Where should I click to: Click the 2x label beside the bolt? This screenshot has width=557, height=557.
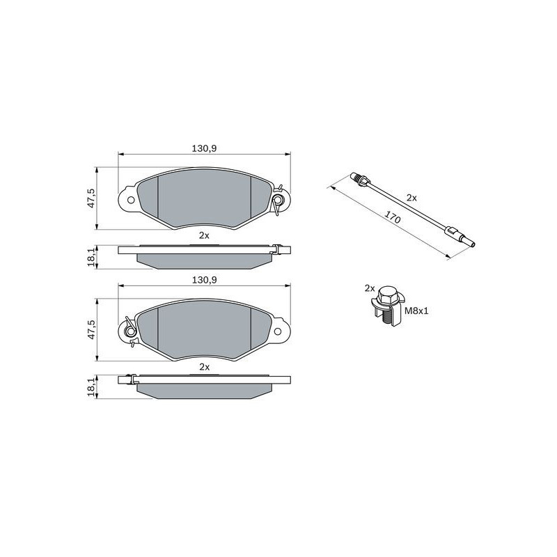click(369, 288)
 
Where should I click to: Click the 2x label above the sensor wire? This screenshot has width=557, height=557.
click(411, 198)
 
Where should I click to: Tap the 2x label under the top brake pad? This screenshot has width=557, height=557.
click(204, 235)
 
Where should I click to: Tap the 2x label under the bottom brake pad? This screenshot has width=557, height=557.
click(204, 366)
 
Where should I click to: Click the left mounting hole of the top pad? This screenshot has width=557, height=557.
click(128, 199)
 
